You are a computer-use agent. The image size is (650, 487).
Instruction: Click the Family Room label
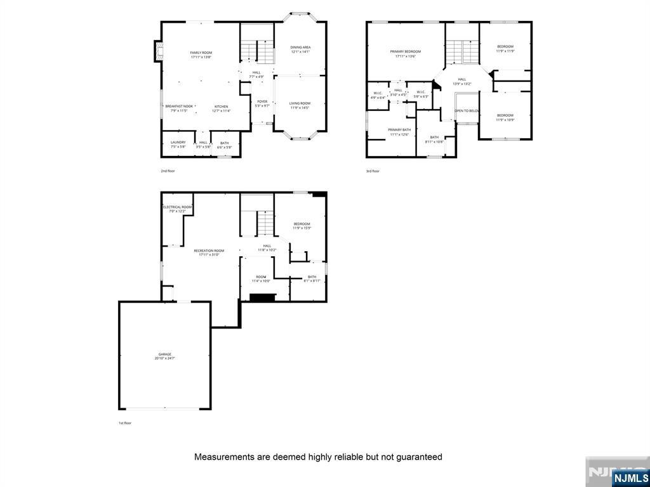click(201, 55)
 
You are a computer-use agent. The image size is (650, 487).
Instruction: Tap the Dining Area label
click(300, 49)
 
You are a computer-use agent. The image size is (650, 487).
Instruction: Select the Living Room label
click(300, 105)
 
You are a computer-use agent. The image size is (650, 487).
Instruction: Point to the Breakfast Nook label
click(179, 108)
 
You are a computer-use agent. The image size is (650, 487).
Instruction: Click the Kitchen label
click(221, 108)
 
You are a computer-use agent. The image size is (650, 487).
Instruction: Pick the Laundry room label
click(178, 145)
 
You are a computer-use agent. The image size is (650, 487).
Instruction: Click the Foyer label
click(262, 103)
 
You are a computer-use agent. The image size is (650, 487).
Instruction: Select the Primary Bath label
click(400, 132)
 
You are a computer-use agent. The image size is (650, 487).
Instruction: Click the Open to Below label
click(467, 110)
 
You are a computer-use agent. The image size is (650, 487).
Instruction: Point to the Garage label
click(165, 356)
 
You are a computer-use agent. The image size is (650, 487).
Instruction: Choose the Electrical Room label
click(177, 209)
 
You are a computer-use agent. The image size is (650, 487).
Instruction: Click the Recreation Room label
click(209, 252)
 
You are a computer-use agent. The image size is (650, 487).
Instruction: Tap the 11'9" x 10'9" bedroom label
click(505, 117)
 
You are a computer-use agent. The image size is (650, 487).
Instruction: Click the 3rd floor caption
click(373, 171)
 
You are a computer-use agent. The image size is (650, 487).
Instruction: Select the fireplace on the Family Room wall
click(157, 52)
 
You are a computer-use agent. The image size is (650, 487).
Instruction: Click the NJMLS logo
click(630, 477)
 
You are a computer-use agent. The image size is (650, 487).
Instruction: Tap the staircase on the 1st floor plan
click(265, 223)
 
